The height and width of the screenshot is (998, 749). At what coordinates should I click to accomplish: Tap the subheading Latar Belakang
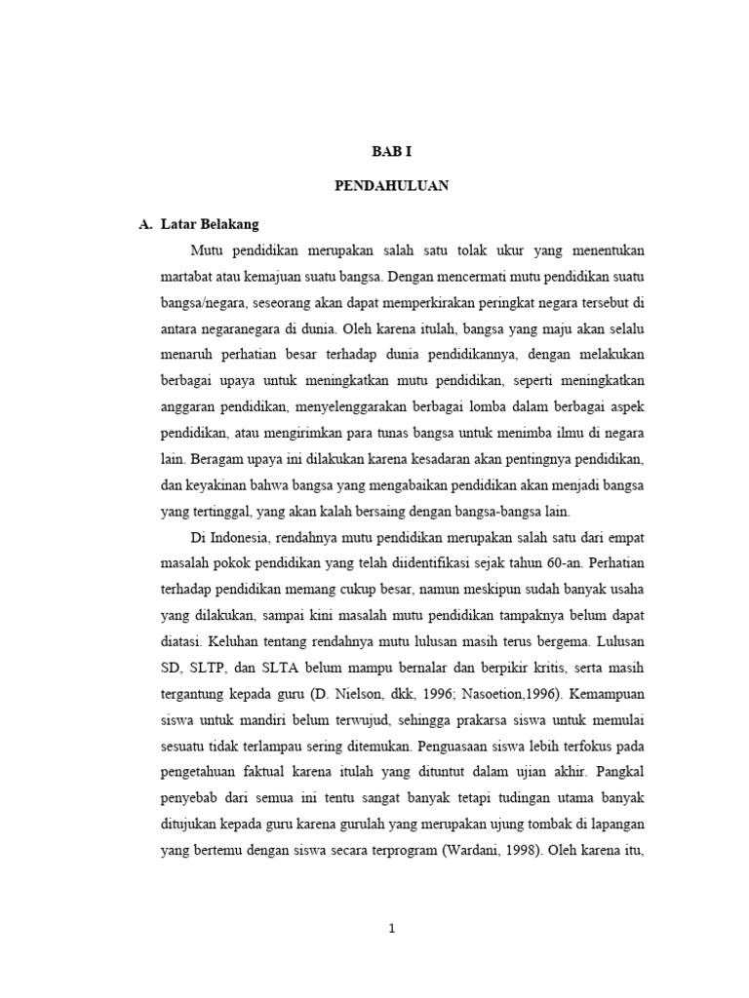pos(207,224)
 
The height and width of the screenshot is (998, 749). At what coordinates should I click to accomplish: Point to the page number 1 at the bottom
pos(392,929)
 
